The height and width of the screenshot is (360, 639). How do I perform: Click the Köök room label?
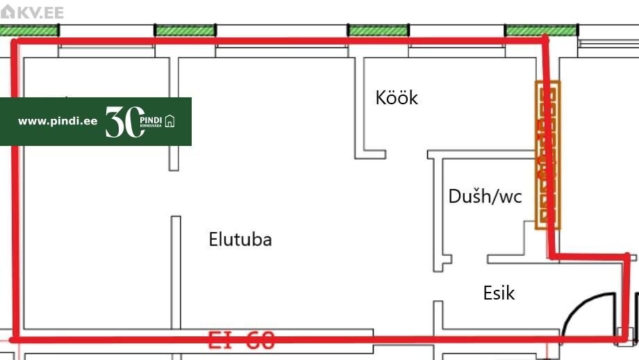397,98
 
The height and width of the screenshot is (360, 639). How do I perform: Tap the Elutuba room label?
240,240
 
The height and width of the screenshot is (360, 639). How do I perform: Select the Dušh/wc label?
485,197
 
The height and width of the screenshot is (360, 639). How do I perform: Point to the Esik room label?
499,293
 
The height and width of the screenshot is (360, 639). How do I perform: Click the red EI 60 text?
242,341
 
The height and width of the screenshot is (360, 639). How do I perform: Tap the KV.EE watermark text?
39,13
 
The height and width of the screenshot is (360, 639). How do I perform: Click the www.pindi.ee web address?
58,121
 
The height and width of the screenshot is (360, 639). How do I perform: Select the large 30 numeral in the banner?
124,122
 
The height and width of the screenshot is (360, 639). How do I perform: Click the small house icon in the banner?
170,122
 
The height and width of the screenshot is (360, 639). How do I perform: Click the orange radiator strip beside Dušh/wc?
547,155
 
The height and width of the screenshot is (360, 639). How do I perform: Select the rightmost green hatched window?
541,31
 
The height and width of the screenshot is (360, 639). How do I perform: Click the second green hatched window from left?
184,31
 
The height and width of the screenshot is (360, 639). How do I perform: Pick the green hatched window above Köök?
378,31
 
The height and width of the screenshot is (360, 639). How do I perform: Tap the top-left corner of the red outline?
16,42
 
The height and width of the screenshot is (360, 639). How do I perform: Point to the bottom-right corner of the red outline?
623,338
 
